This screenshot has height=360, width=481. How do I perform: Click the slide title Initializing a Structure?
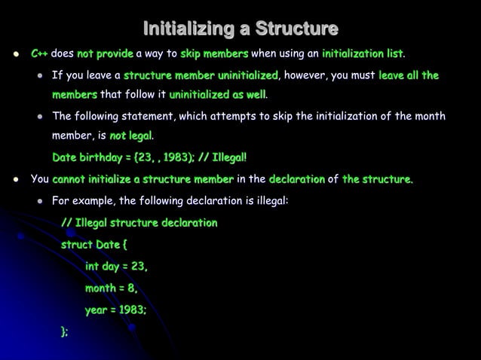(240, 30)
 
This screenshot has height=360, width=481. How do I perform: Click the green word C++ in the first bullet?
(39, 54)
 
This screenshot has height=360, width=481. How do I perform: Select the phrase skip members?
(214, 54)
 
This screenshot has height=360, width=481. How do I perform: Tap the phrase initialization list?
(362, 54)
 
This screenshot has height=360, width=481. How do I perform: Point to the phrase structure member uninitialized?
(201, 75)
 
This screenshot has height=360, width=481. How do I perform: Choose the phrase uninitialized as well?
(217, 95)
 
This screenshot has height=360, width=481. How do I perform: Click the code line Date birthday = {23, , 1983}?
(123, 157)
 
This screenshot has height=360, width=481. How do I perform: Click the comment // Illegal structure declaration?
(139, 223)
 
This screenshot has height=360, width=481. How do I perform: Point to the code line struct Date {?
(94, 245)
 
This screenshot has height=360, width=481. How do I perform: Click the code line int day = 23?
(116, 266)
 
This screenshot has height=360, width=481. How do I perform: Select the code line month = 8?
(111, 288)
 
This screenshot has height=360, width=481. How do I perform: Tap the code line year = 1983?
(115, 309)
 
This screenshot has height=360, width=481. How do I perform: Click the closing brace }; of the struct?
(65, 331)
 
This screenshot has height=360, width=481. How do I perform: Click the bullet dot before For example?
(38, 202)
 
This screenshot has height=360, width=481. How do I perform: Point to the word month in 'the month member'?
(430, 116)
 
